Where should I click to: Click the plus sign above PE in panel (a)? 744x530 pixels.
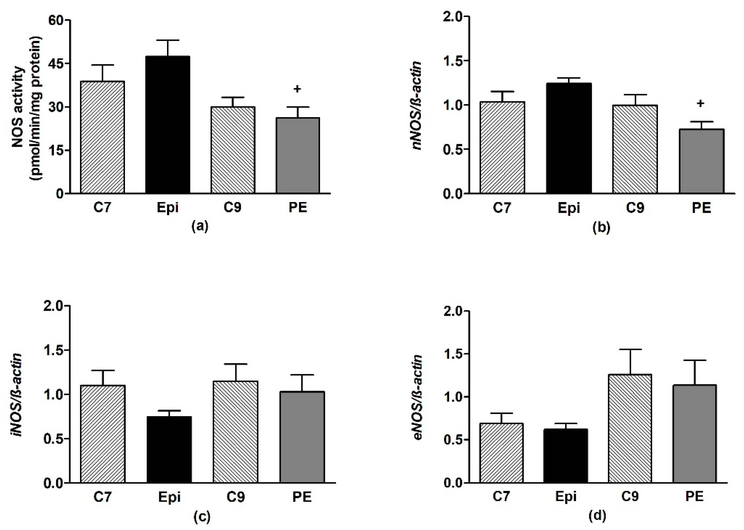pyautogui.click(x=297, y=89)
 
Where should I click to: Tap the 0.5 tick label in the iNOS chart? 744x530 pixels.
pyautogui.click(x=54, y=439)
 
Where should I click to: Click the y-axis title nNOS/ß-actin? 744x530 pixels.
pyautogui.click(x=417, y=105)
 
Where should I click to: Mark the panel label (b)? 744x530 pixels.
pyautogui.click(x=601, y=227)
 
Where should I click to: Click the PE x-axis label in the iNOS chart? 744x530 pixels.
pyautogui.click(x=302, y=497)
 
